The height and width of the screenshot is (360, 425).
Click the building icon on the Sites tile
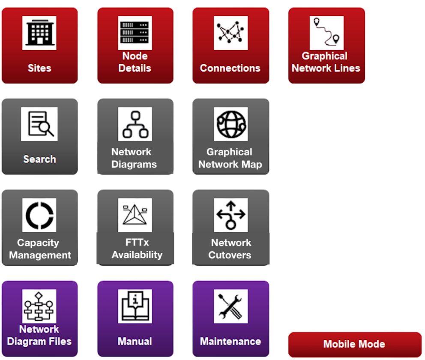coord(39,33)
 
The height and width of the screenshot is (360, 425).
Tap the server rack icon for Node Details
coord(135,33)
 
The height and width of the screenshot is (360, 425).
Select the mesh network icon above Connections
coord(230,33)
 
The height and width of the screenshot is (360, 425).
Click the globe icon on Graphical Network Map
coord(230,124)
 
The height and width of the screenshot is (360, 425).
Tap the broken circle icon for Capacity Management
coord(39,215)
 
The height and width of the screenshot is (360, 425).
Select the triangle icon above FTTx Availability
coord(135,215)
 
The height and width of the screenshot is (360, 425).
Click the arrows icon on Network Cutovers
coord(230,215)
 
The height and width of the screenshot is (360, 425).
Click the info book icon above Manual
coord(135,306)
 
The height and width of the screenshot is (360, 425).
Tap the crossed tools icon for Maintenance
coord(230,306)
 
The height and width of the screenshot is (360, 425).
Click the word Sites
coord(39,68)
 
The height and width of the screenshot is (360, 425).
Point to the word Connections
coord(230,68)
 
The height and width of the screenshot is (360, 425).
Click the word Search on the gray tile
coord(39,159)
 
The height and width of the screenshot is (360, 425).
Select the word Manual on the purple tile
coord(135,341)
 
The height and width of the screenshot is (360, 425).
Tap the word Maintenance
coord(230,341)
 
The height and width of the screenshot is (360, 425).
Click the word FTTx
coord(137,242)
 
